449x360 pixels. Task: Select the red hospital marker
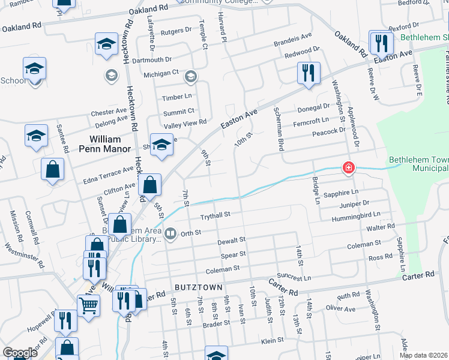point(348,167)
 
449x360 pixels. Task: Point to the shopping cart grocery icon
point(89,306)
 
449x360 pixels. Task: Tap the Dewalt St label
point(232,240)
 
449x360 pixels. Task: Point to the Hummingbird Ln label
point(360,214)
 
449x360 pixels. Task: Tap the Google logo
point(20,353)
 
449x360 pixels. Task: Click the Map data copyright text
point(423,355)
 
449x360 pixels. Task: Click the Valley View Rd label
point(185,122)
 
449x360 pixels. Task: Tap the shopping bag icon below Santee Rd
point(53,170)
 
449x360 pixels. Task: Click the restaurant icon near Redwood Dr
point(308,73)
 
